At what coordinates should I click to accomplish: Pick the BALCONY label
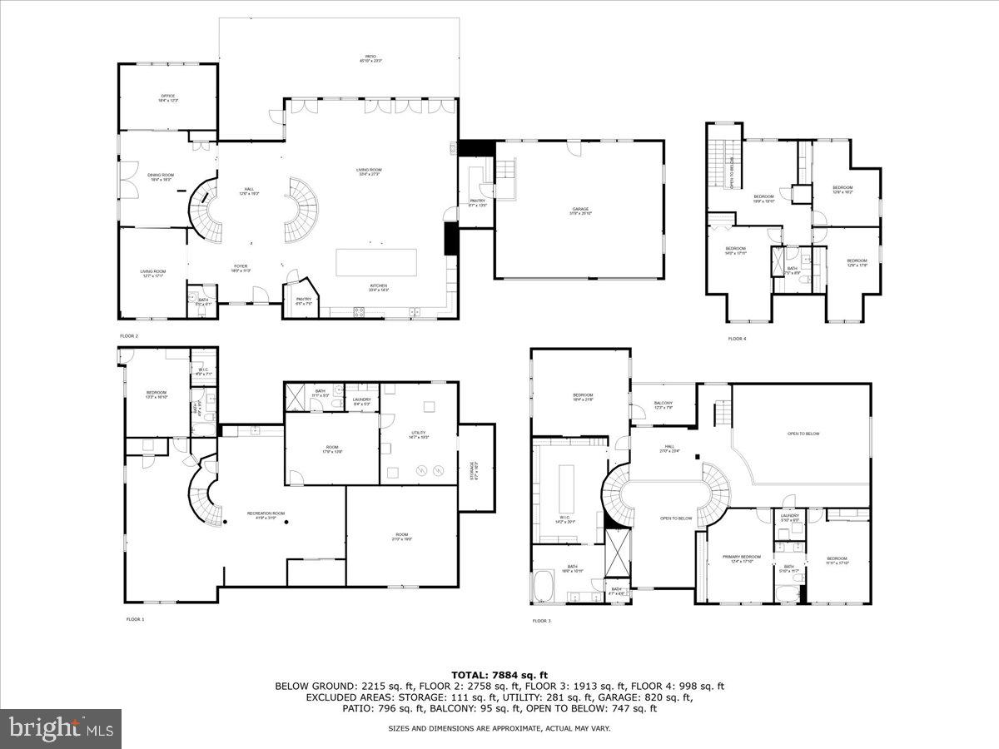click(664, 404)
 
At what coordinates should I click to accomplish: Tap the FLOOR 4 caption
click(738, 339)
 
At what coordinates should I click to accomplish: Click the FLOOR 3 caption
click(542, 621)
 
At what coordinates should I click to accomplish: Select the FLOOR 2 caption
click(129, 335)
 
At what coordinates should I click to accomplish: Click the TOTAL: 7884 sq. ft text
click(499, 674)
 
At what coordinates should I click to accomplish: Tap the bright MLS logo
click(61, 729)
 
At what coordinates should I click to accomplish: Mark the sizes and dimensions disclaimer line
click(499, 728)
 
